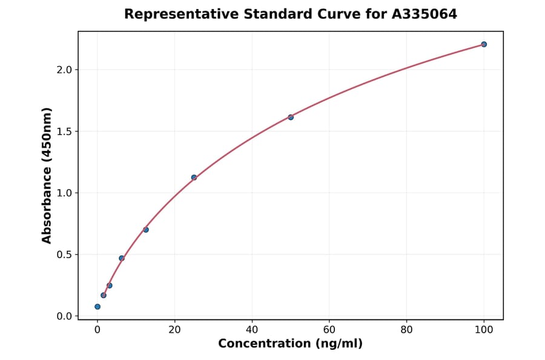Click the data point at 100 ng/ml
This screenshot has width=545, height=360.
click(484, 44)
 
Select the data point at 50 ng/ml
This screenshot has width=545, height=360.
click(291, 117)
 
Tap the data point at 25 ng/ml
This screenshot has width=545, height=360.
click(194, 178)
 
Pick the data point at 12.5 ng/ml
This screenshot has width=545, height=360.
click(146, 230)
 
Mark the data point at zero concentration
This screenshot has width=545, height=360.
click(97, 307)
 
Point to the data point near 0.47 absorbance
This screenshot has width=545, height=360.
click(122, 258)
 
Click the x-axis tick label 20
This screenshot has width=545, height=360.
click(174, 330)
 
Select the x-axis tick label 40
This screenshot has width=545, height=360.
click(252, 330)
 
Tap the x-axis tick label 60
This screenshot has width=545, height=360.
click(329, 330)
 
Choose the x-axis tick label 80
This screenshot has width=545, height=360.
click(406, 330)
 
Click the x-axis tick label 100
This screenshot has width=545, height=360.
click(484, 330)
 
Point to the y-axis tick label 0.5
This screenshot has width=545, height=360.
click(64, 255)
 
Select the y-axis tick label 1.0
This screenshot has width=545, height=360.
click(64, 193)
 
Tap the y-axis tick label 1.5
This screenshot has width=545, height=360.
click(64, 132)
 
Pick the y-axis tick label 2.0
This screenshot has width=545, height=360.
click(64, 70)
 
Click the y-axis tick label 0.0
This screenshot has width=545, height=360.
click(64, 316)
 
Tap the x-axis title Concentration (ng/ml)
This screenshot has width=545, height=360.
click(290, 344)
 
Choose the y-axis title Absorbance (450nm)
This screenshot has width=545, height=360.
click(47, 175)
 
